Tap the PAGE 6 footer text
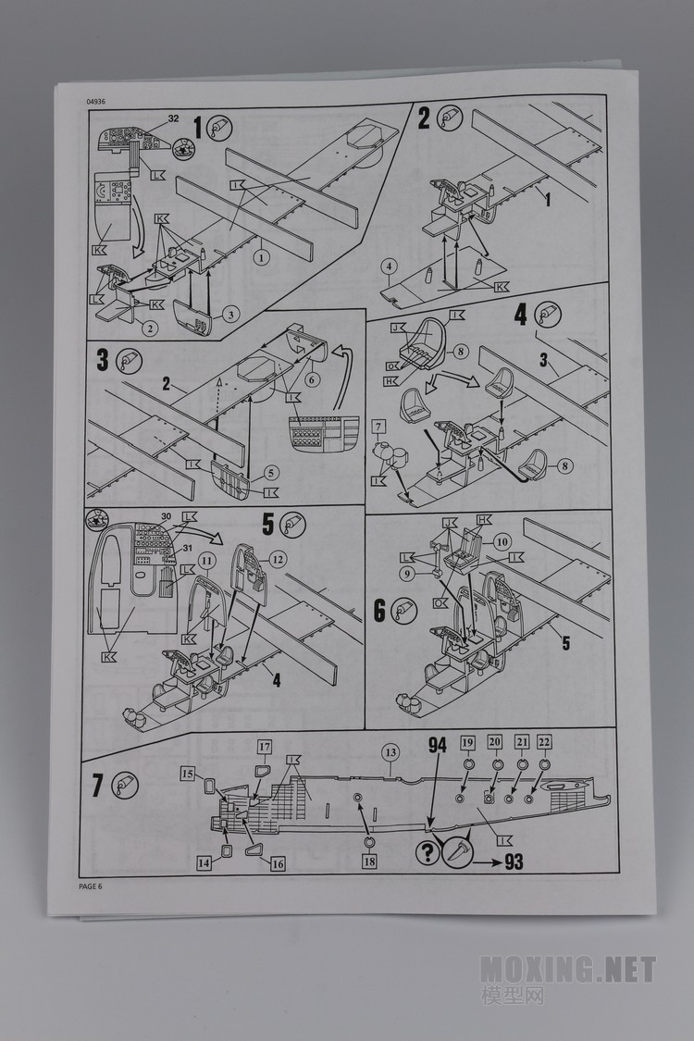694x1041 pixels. point(92,886)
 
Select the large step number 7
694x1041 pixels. point(98,786)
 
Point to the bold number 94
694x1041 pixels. point(438,743)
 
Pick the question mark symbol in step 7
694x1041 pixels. point(428,853)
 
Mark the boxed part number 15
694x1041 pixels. point(188,773)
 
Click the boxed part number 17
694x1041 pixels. point(264,747)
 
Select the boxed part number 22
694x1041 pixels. point(545,743)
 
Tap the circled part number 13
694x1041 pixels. point(390,753)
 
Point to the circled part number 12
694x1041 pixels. point(278,558)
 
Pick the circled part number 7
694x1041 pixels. point(377,427)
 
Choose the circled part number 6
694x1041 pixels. point(313,378)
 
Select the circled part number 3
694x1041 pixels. point(230,315)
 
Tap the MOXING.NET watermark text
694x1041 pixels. point(567,970)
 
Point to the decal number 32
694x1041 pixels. point(173,118)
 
